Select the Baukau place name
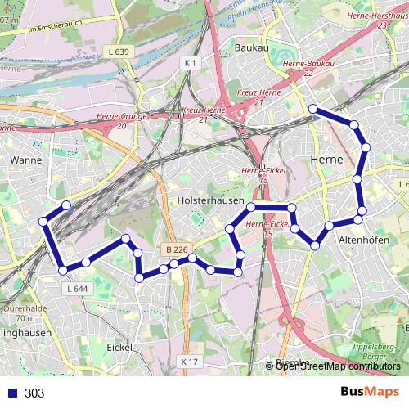[251, 48]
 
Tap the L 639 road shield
[119, 52]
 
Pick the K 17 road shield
[189, 361]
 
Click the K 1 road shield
[191, 63]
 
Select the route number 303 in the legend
[34, 393]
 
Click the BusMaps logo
[370, 392]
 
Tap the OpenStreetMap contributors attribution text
[338, 366]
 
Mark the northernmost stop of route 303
[312, 109]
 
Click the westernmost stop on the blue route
[43, 221]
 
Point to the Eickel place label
[121, 347]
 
